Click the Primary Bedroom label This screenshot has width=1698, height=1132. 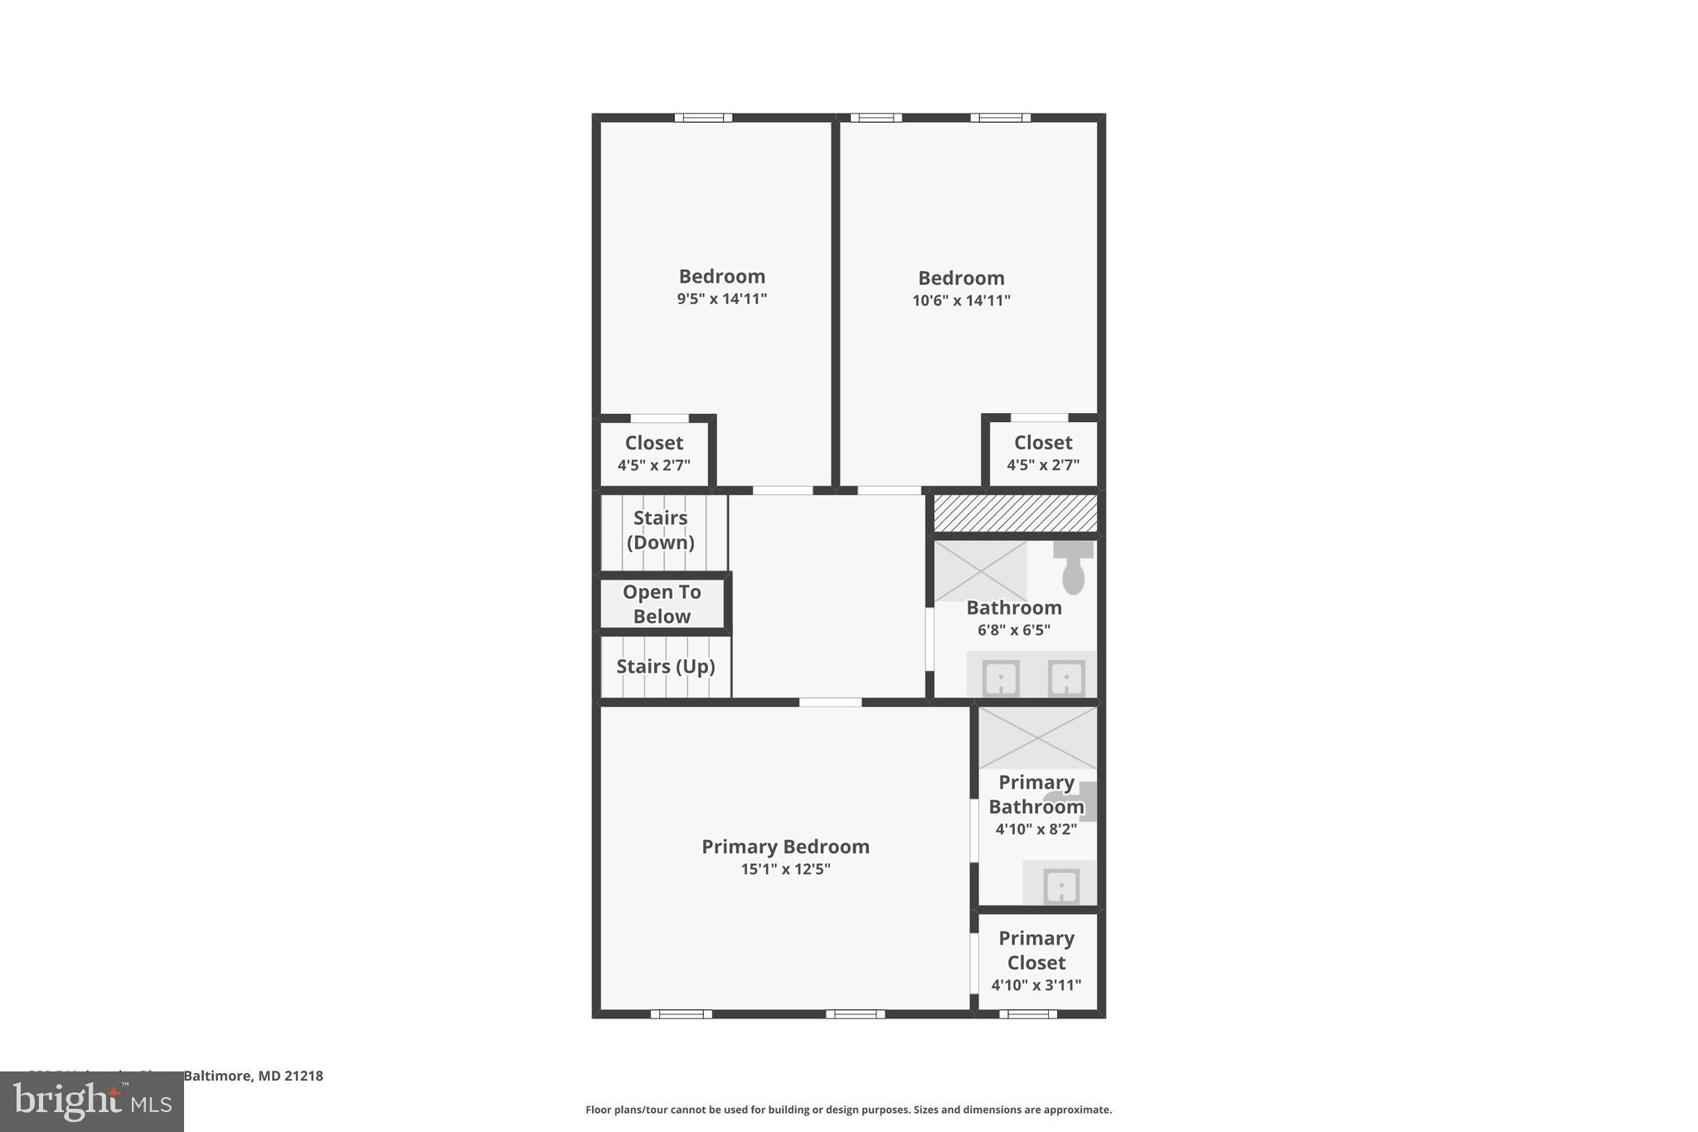[785, 847]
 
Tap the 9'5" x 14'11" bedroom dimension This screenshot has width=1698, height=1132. [721, 299]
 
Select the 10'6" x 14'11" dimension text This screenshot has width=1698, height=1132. [961, 301]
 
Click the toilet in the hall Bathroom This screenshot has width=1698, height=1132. [1073, 567]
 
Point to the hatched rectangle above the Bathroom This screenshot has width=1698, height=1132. [1015, 513]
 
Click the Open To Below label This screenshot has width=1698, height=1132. [662, 604]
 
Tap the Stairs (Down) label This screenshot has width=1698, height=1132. [660, 530]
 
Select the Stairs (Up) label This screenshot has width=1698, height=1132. [665, 667]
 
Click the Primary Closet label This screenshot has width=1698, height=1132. [1036, 950]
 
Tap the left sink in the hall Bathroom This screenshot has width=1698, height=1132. [1001, 678]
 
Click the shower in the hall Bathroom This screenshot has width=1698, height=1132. [980, 571]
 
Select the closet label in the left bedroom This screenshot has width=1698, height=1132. [653, 443]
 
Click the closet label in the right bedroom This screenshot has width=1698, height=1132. [1042, 443]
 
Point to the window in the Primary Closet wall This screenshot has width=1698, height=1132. [1027, 1013]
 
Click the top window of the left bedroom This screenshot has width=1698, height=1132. [703, 118]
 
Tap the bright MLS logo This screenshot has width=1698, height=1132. [92, 1102]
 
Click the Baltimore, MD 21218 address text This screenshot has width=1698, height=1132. [253, 1076]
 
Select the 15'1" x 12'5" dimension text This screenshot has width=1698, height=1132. [785, 870]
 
